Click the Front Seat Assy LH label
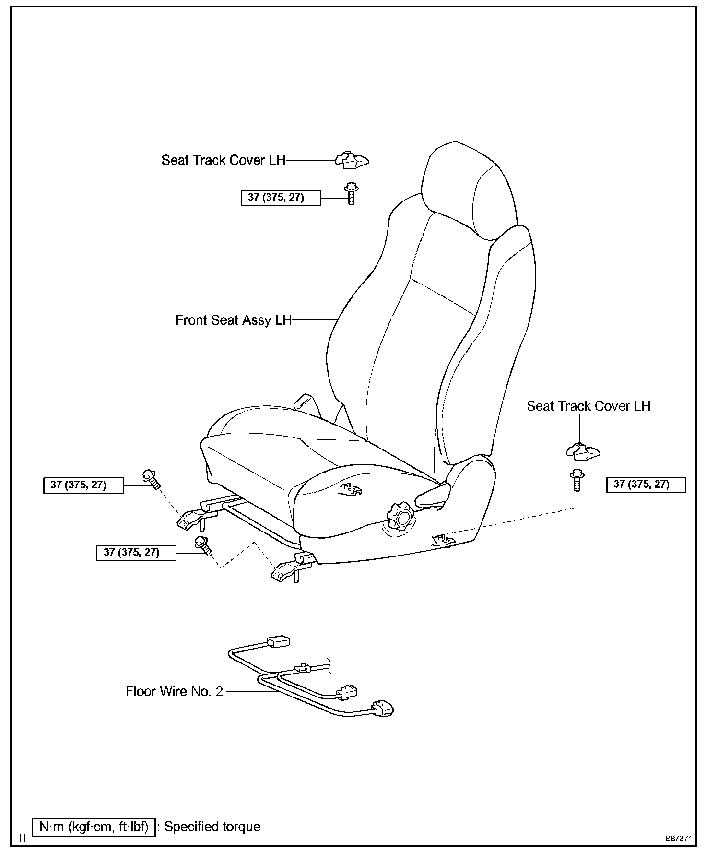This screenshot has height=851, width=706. pos(234,320)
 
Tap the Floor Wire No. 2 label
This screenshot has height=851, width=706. pos(174,691)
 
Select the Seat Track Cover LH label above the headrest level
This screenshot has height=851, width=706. pos(223,160)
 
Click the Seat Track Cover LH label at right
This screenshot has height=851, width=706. pos(588,406)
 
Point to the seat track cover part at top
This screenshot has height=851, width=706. pos(352,160)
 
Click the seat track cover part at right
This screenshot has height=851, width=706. pos(583,450)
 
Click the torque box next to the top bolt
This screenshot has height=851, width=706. pos(281,198)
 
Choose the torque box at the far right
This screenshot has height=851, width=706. pos(646,485)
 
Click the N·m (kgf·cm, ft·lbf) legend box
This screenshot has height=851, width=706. pos(94,827)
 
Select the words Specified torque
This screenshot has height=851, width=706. pos(212,827)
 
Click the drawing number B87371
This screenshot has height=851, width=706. pos(678,839)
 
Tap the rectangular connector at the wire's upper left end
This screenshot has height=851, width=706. pos(278,641)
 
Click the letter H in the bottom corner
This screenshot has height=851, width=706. pos(22,839)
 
